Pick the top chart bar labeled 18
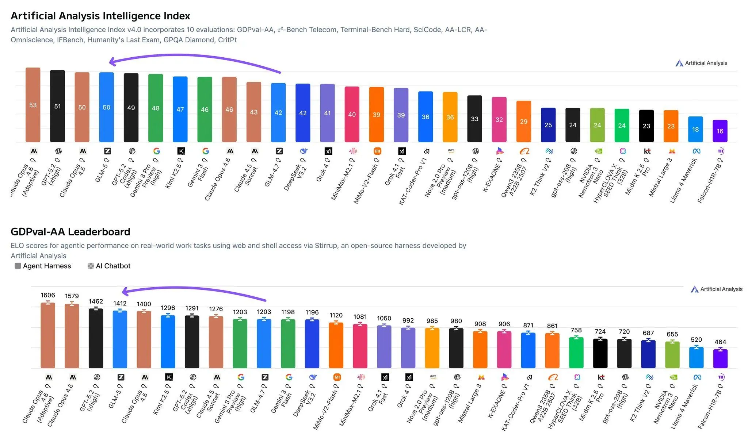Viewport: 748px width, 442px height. click(695, 130)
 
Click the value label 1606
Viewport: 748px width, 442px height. click(48, 295)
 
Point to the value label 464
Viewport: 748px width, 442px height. click(720, 342)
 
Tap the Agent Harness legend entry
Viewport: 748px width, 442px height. click(43, 266)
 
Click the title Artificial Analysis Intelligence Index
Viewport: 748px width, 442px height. click(100, 16)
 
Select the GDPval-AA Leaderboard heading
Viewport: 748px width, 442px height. click(70, 232)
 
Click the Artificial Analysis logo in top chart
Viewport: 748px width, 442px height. click(701, 63)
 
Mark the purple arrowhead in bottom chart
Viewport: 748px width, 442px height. click(124, 292)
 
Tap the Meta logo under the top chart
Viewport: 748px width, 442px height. click(696, 151)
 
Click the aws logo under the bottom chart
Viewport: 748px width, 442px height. click(433, 377)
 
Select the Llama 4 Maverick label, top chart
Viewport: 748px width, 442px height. click(683, 181)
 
